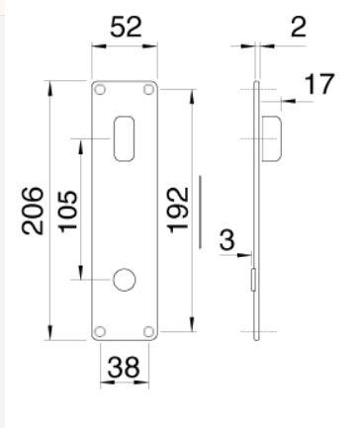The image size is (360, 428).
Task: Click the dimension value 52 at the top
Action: point(125,28)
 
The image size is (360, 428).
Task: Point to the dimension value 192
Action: point(178,210)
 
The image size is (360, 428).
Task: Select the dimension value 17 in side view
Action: point(316,85)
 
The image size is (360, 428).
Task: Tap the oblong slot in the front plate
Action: point(125,137)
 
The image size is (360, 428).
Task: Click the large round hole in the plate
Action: point(125,280)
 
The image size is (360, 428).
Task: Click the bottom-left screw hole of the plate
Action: point(100,330)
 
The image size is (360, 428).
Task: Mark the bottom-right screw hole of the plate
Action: point(148,330)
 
